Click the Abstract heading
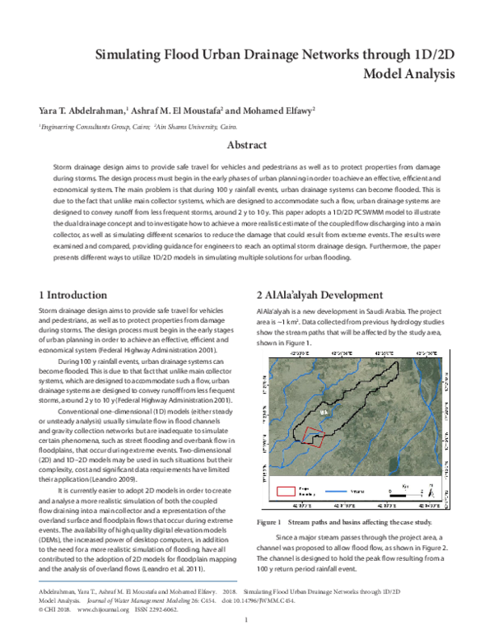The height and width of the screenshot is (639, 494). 246,146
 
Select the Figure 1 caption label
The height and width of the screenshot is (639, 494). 271,522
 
